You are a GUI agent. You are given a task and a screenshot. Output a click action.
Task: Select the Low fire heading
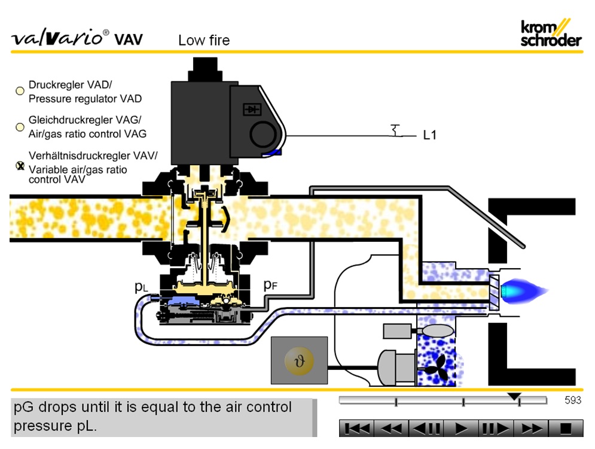click(204, 41)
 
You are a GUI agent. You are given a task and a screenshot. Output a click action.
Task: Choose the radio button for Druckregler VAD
click(20, 91)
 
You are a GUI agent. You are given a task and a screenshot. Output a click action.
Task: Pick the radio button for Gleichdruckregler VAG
click(20, 127)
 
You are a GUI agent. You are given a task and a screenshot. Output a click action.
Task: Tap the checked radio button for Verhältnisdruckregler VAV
click(20, 166)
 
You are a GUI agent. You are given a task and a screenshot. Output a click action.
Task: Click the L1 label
click(429, 135)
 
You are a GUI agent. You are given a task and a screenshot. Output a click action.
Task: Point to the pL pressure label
click(141, 287)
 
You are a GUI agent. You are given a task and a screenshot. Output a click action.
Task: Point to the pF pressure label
click(271, 285)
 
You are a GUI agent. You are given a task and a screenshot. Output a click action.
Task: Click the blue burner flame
click(523, 291)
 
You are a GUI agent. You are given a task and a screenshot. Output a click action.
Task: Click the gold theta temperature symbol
click(299, 360)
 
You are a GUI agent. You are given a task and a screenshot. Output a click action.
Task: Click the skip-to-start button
click(357, 429)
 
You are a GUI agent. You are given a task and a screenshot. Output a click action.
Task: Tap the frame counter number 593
click(572, 401)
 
